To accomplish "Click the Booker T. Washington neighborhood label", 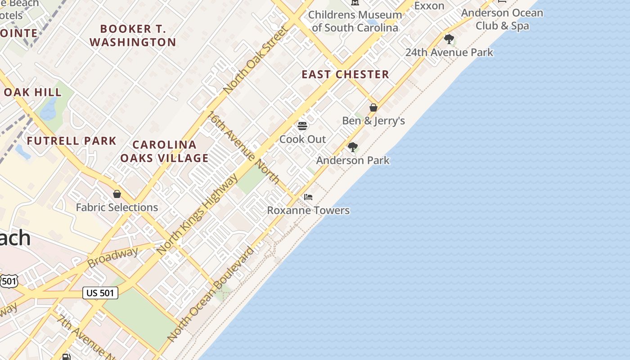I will coord(133,36).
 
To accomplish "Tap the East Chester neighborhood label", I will coord(345,75).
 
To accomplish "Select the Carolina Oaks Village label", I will coord(164,151).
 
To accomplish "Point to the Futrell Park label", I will coord(72,141).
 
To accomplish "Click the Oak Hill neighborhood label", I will coord(32,92).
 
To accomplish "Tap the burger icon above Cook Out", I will coord(302,126).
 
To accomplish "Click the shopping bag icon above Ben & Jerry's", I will coord(373,108).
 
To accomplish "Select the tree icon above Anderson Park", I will coord(353,147).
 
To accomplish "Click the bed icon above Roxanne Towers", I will coord(308,197).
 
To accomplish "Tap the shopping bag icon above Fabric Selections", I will coord(117,194).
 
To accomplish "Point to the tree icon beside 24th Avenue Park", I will coord(449,39).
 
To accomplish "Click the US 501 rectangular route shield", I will coord(100,293).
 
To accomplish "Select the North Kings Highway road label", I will coord(198,215).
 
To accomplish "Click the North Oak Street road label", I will coord(255,60).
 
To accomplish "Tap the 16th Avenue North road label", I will coord(243,147).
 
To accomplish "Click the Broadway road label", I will coord(112,257).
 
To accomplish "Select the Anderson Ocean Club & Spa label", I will coord(502,19).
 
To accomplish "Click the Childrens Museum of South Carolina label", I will coord(355,21).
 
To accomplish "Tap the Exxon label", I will coord(429,6).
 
